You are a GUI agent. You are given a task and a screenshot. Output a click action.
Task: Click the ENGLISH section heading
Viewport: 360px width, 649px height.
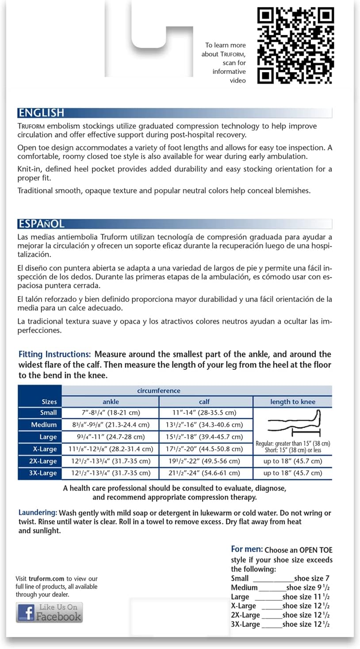[x=41, y=113]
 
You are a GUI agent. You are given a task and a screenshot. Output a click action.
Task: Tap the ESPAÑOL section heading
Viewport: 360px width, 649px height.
[x=41, y=223]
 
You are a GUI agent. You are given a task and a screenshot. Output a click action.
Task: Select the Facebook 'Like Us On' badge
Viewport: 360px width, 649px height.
[x=49, y=612]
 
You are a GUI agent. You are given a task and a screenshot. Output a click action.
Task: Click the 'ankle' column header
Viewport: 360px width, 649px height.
[x=111, y=402]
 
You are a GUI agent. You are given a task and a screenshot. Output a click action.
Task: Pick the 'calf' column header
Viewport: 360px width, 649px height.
[x=204, y=402]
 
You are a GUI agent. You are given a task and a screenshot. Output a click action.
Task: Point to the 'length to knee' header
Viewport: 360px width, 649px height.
[x=292, y=402]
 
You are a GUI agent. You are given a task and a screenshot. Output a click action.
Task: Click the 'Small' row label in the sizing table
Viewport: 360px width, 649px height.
[x=49, y=413]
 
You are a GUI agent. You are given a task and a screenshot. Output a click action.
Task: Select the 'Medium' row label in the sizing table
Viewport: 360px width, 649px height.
[x=44, y=425]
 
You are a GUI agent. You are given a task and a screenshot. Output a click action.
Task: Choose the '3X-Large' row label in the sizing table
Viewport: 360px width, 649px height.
[x=42, y=473]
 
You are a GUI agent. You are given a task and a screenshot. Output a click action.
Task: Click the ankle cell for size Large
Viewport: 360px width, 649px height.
[x=111, y=437]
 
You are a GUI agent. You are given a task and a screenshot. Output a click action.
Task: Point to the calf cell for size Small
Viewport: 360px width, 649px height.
[x=204, y=413]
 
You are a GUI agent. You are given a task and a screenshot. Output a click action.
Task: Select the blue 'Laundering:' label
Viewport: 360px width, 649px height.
[x=38, y=513]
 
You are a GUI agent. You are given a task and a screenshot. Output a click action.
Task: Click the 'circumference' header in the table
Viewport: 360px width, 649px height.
[x=159, y=391]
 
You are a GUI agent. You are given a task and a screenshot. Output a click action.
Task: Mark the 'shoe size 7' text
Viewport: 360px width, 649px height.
[x=312, y=578]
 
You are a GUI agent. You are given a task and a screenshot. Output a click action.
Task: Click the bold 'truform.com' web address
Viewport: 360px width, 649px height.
[x=46, y=579]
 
